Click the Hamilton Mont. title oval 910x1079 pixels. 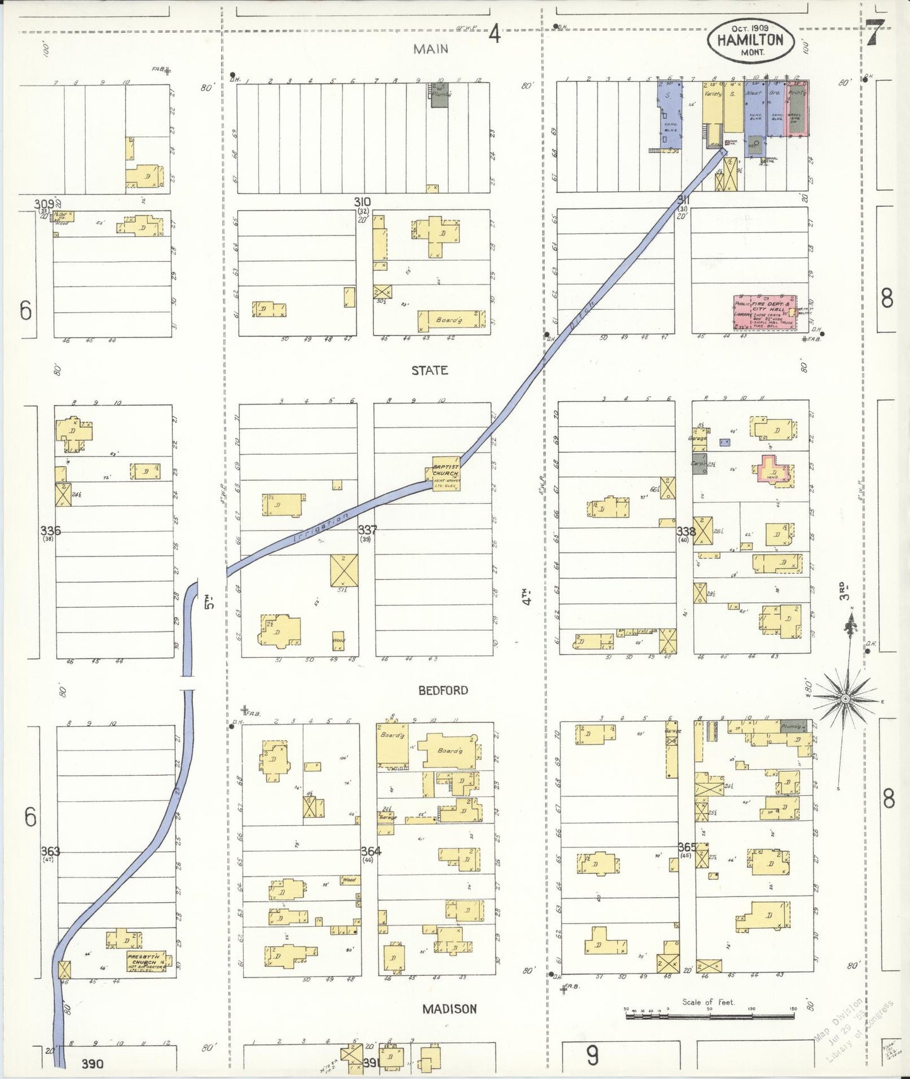(x=749, y=40)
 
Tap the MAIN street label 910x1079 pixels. (x=431, y=48)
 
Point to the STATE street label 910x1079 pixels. (x=429, y=370)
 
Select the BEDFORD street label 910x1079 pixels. (x=443, y=690)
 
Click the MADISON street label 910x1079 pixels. (x=449, y=1008)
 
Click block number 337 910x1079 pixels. (x=367, y=530)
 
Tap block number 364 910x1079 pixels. (x=370, y=851)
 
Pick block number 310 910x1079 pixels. (x=362, y=202)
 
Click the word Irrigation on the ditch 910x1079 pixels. (x=321, y=528)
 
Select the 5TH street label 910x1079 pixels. (x=210, y=602)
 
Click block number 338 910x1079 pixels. (x=686, y=532)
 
